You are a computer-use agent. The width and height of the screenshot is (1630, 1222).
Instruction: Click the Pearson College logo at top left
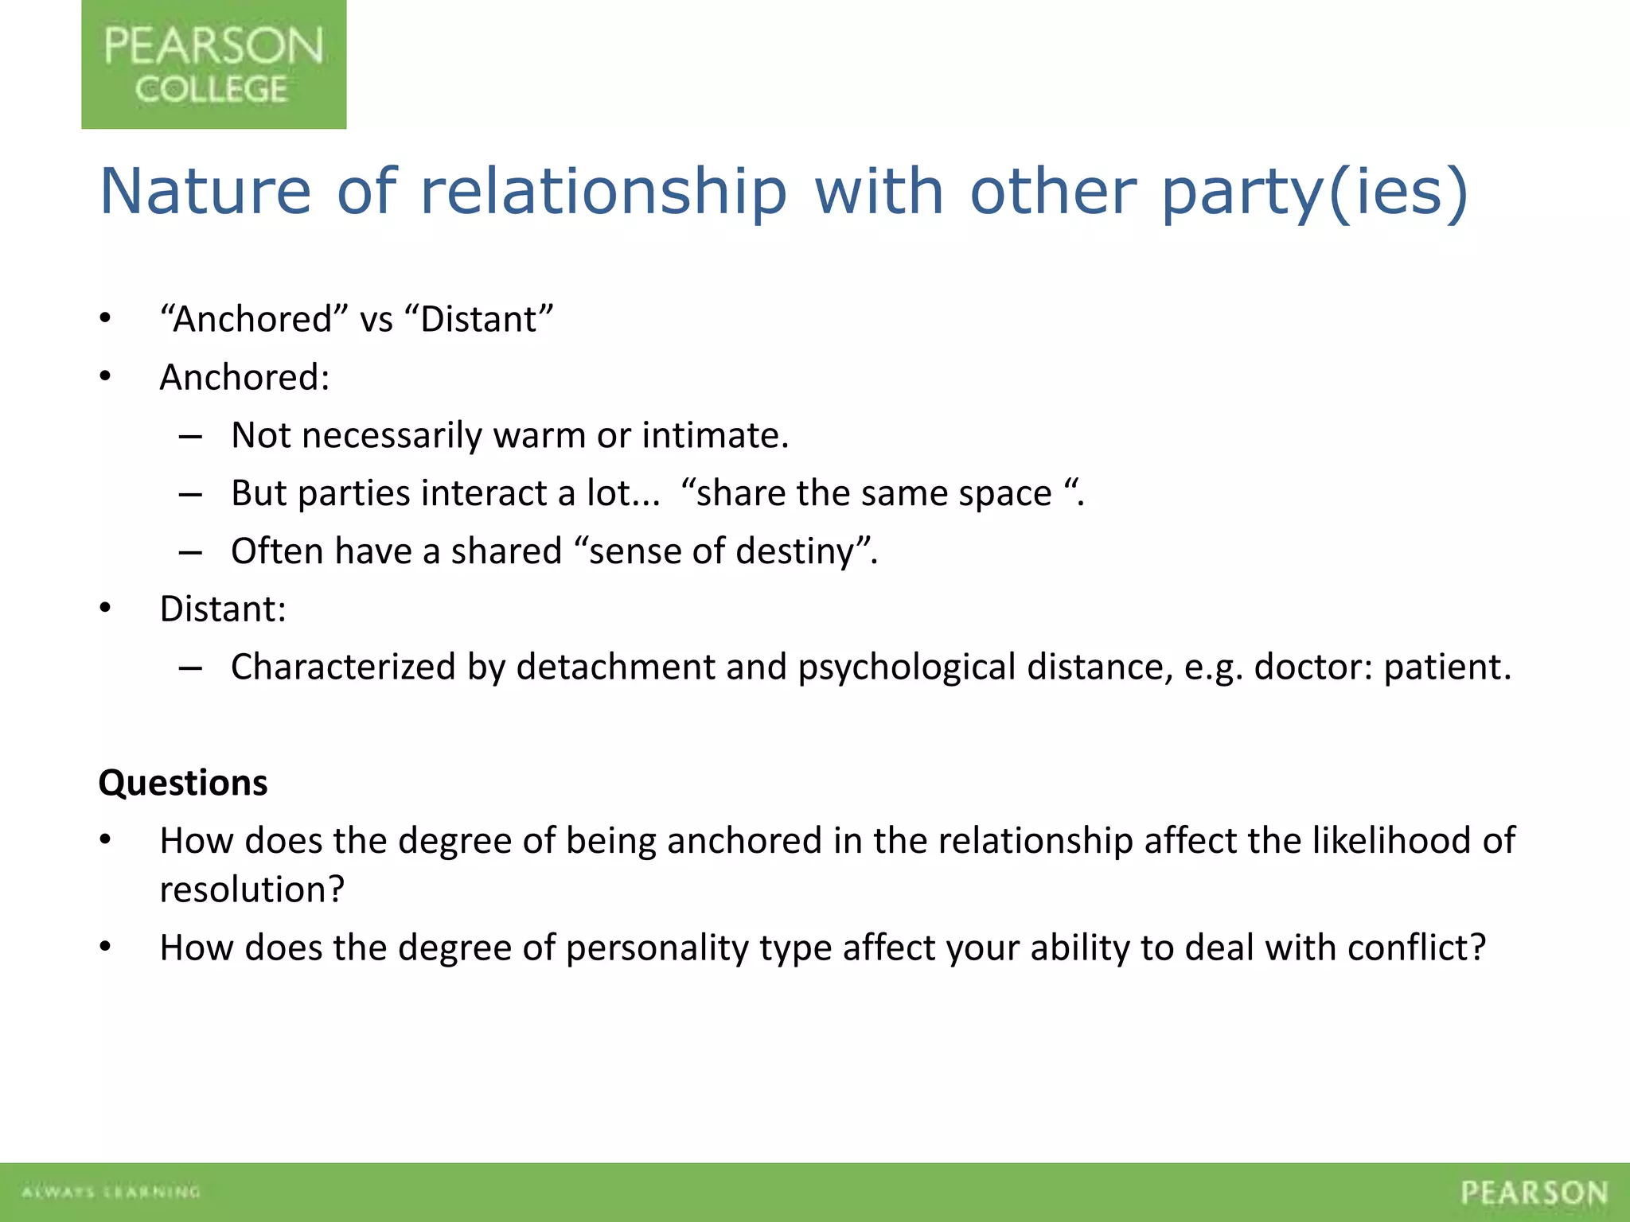213,64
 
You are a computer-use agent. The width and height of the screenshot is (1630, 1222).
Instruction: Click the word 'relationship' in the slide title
603,192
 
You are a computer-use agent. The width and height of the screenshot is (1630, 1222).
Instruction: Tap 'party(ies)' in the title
1314,192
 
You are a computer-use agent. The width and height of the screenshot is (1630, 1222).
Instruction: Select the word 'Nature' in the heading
205,192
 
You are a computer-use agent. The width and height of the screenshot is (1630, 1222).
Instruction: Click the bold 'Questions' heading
183,783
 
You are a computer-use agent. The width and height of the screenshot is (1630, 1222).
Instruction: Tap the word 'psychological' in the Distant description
907,667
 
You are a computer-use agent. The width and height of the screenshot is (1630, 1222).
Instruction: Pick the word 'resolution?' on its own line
252,889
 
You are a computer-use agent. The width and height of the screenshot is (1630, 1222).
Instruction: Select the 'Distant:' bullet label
223,609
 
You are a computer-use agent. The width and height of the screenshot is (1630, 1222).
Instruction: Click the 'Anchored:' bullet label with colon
244,377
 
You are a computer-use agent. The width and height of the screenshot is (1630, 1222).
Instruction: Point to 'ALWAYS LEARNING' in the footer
111,1192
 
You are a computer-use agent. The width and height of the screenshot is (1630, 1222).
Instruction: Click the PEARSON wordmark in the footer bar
1534,1193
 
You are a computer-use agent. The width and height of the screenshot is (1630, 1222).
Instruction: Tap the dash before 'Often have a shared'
190,552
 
